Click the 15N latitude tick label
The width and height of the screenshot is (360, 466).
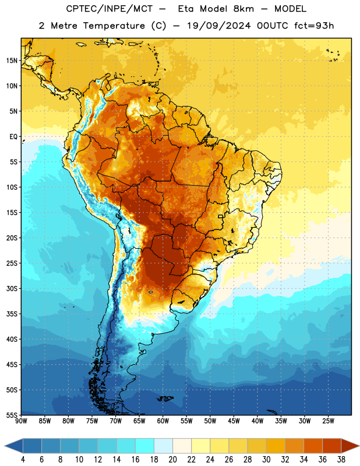[x=12, y=61]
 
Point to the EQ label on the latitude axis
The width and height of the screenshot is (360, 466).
[x=13, y=137]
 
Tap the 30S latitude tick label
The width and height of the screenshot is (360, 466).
[x=12, y=288]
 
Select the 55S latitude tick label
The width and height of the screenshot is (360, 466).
[x=12, y=415]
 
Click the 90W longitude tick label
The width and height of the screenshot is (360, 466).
[x=22, y=421]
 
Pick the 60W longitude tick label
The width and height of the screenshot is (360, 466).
[x=163, y=421]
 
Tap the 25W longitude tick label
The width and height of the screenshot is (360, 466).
[x=328, y=421]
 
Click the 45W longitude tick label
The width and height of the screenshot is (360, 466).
[x=234, y=421]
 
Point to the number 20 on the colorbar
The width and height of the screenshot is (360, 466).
[x=172, y=460]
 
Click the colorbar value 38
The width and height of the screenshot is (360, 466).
[x=341, y=460]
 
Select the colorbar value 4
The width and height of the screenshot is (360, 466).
[x=23, y=460]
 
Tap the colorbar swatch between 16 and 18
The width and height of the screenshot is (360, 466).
[x=145, y=446]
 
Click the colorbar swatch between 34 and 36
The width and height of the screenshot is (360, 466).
[x=313, y=446]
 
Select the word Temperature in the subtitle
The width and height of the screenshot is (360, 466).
[x=114, y=26]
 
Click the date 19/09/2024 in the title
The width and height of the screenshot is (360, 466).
[x=219, y=26]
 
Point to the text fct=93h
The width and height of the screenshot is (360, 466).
[x=314, y=26]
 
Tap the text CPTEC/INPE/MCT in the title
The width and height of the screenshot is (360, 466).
[x=109, y=9]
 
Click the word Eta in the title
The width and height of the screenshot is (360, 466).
[x=186, y=9]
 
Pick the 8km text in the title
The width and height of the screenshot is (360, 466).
[x=243, y=9]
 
